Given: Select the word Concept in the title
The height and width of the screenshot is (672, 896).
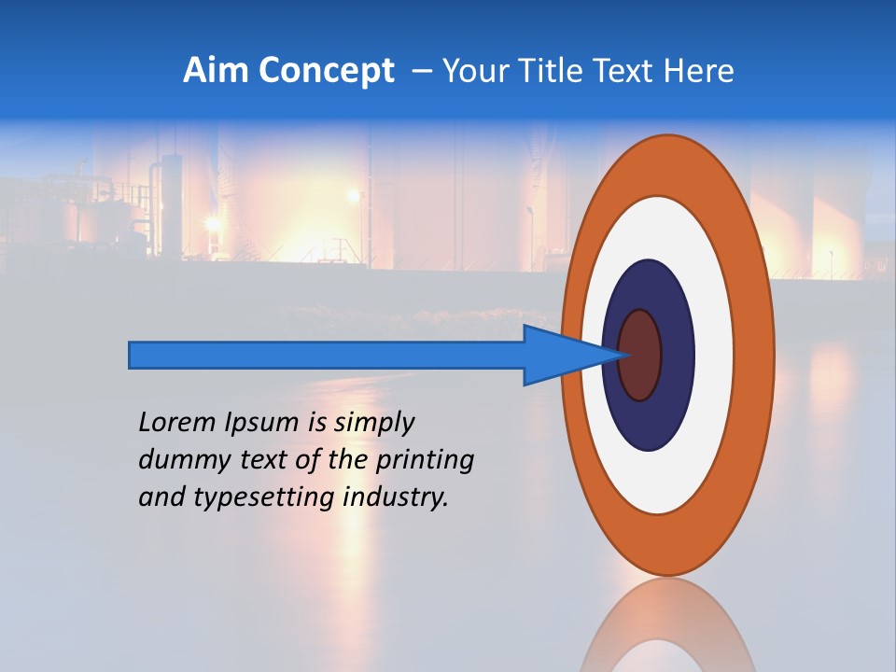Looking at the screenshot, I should [x=327, y=70].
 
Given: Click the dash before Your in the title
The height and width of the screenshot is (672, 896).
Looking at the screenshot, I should [x=422, y=71].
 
